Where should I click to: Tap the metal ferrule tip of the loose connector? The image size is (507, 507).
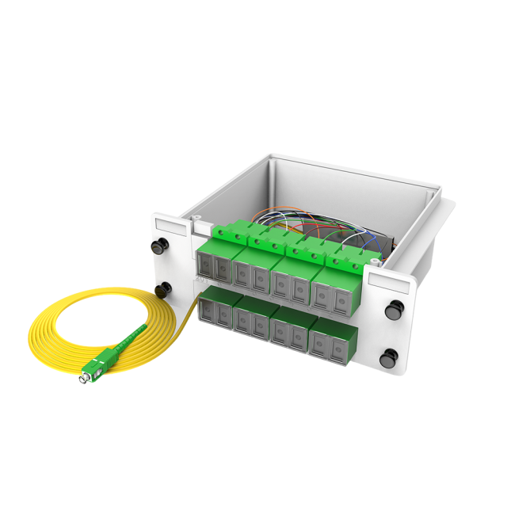coord(82,381)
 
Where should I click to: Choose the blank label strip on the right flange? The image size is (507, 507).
coord(390,282)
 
